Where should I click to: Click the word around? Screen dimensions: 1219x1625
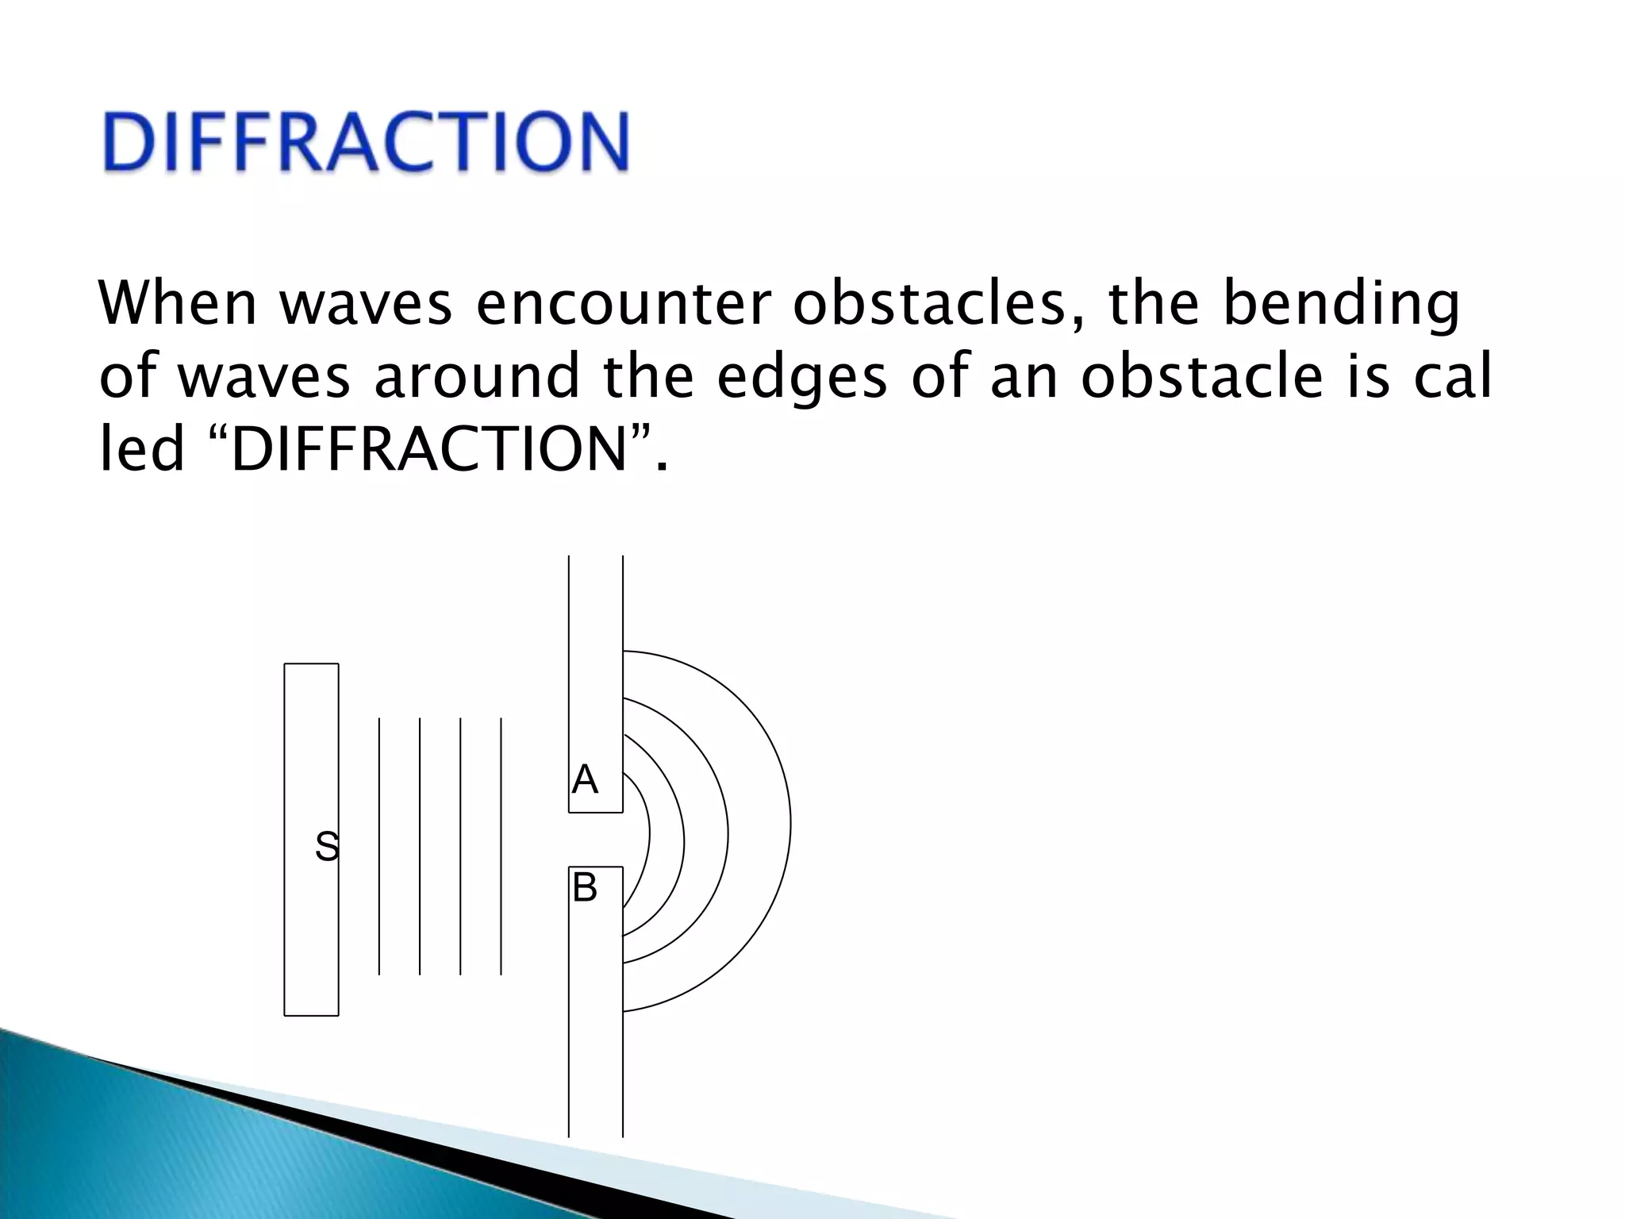tap(477, 377)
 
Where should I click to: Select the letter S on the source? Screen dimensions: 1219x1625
tap(327, 846)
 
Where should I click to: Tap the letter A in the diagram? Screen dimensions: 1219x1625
tap(585, 779)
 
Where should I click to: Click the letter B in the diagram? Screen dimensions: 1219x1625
tap(585, 887)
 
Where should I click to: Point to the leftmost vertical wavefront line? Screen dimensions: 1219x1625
tap(379, 846)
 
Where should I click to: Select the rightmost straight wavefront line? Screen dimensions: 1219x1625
tap(501, 846)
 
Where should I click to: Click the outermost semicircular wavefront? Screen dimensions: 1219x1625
tap(790, 825)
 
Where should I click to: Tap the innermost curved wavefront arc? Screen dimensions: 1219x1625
tap(649, 833)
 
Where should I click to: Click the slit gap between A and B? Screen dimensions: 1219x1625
tap(596, 840)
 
